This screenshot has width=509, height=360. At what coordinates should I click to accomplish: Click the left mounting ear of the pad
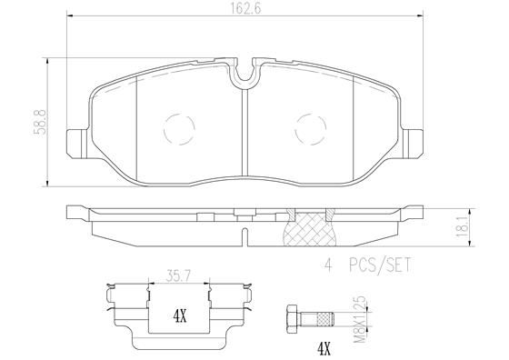78,141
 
